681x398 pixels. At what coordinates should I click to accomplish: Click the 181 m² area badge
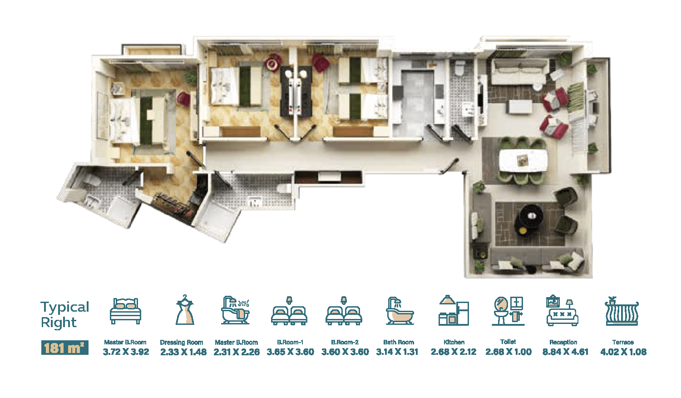65,348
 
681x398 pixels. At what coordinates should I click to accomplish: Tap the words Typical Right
65,315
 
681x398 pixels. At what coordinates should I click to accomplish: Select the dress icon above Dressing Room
184,310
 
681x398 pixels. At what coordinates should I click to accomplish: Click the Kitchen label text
454,342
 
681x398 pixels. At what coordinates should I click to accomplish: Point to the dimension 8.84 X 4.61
566,352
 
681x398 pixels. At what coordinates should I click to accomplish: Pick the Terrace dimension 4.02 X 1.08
623,352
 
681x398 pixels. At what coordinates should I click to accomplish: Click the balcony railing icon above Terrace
622,311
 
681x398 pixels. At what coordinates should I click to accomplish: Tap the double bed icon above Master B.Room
125,311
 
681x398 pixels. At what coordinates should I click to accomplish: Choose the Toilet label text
508,342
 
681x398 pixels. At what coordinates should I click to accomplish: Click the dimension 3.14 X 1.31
397,352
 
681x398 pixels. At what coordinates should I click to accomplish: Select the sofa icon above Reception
562,311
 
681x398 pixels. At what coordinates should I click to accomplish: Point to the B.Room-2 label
345,342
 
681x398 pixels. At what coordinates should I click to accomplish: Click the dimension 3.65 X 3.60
291,352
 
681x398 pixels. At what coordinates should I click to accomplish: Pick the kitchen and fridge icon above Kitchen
454,310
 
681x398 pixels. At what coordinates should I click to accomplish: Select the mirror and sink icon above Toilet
508,311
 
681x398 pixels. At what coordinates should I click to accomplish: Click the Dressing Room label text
182,342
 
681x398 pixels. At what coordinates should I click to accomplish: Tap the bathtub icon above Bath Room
400,311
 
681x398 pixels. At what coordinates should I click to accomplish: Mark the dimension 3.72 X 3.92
126,352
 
